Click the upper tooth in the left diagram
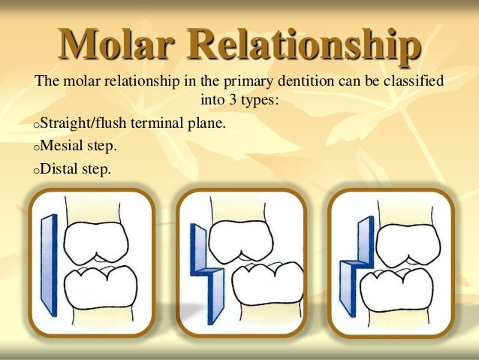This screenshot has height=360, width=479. click(95, 240)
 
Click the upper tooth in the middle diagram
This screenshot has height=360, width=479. click(240, 239)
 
